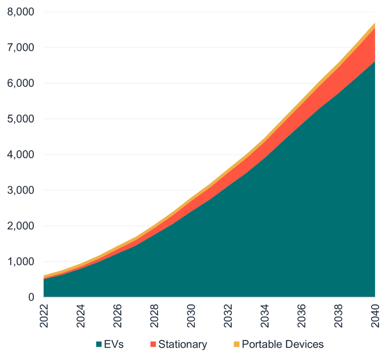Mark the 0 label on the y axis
[31, 297]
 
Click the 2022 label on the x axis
[44, 315]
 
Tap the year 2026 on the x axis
[118, 315]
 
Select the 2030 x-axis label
[191, 315]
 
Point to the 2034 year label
[265, 315]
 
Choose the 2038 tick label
[338, 315]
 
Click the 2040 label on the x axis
[375, 315]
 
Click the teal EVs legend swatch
[99, 344]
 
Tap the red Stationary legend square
[153, 344]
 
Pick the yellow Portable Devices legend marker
[237, 344]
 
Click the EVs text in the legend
[114, 344]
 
